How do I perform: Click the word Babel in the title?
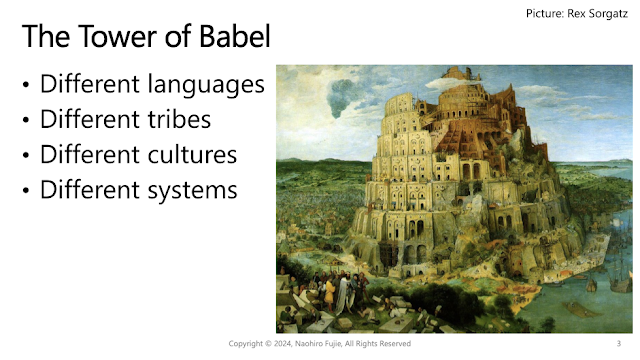tap(235, 36)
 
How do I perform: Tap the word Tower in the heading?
tap(118, 36)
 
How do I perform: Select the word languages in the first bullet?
tap(206, 85)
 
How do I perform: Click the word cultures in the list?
tap(192, 155)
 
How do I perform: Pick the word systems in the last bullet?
tap(193, 191)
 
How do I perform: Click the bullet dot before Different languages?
tap(26, 85)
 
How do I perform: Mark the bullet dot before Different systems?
tap(26, 190)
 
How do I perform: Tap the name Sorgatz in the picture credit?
tap(607, 14)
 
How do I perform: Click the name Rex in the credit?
tap(575, 13)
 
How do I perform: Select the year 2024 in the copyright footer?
tap(282, 344)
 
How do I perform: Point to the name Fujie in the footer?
tap(333, 344)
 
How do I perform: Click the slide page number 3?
tap(619, 344)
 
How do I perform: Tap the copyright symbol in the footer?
tap(268, 344)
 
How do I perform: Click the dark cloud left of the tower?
tap(341, 98)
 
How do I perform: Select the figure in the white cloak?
tap(342, 292)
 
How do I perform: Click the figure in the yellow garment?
tap(329, 293)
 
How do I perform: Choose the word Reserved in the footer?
tap(395, 344)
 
